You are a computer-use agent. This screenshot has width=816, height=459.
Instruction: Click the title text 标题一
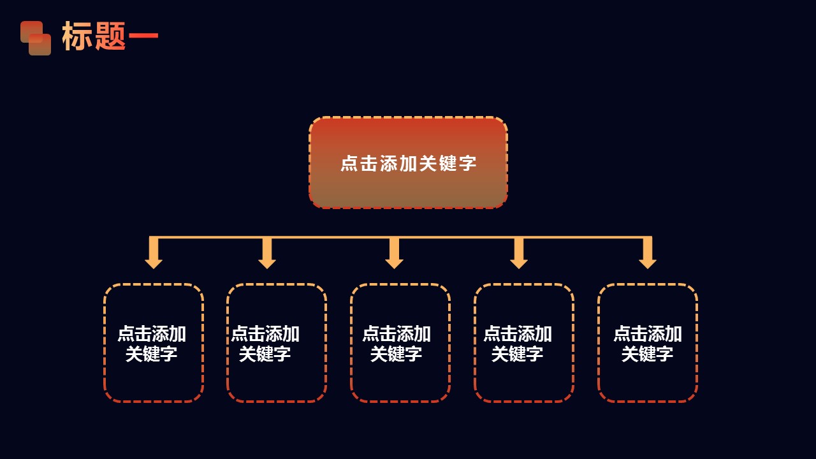(x=110, y=36)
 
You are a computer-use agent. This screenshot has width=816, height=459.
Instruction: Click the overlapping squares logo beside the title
(x=36, y=38)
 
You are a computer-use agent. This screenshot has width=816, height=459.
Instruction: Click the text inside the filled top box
(x=408, y=163)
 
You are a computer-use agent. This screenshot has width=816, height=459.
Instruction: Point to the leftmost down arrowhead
(x=154, y=262)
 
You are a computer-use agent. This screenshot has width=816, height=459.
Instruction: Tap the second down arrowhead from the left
(x=267, y=262)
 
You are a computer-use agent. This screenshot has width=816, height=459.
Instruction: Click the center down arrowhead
(x=394, y=262)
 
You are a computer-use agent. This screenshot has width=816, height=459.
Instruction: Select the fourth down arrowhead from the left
(x=519, y=262)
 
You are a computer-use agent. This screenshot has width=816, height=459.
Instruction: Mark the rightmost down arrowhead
(x=648, y=262)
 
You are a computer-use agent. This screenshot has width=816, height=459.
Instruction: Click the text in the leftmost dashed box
(x=152, y=344)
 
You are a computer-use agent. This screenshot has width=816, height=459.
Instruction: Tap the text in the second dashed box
(x=265, y=344)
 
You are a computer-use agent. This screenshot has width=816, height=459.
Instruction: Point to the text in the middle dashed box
(x=397, y=344)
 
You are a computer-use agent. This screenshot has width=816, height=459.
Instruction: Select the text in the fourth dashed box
(x=518, y=344)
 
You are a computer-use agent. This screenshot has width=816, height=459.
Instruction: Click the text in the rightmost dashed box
(x=648, y=344)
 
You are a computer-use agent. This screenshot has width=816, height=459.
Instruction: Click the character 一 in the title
(x=143, y=37)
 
